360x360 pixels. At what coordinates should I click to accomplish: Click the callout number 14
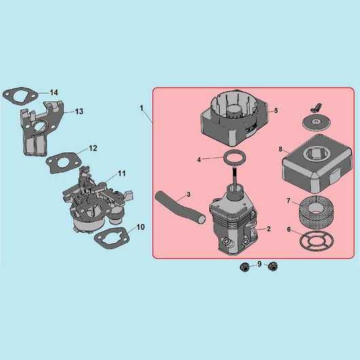coord(54,92)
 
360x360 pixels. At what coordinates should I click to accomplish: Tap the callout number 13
coord(79,111)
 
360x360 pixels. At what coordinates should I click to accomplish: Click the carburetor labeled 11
coord(98,202)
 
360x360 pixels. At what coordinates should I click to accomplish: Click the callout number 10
coord(141,227)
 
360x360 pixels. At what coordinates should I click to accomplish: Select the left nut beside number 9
coord(244,267)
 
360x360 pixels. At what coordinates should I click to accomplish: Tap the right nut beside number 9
coord(272,266)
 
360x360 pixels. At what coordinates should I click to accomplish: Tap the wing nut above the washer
coord(316,107)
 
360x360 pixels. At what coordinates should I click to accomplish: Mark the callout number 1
coord(142,108)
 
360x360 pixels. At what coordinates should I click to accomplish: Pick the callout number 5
coord(276,111)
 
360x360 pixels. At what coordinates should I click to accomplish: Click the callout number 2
coord(269,229)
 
